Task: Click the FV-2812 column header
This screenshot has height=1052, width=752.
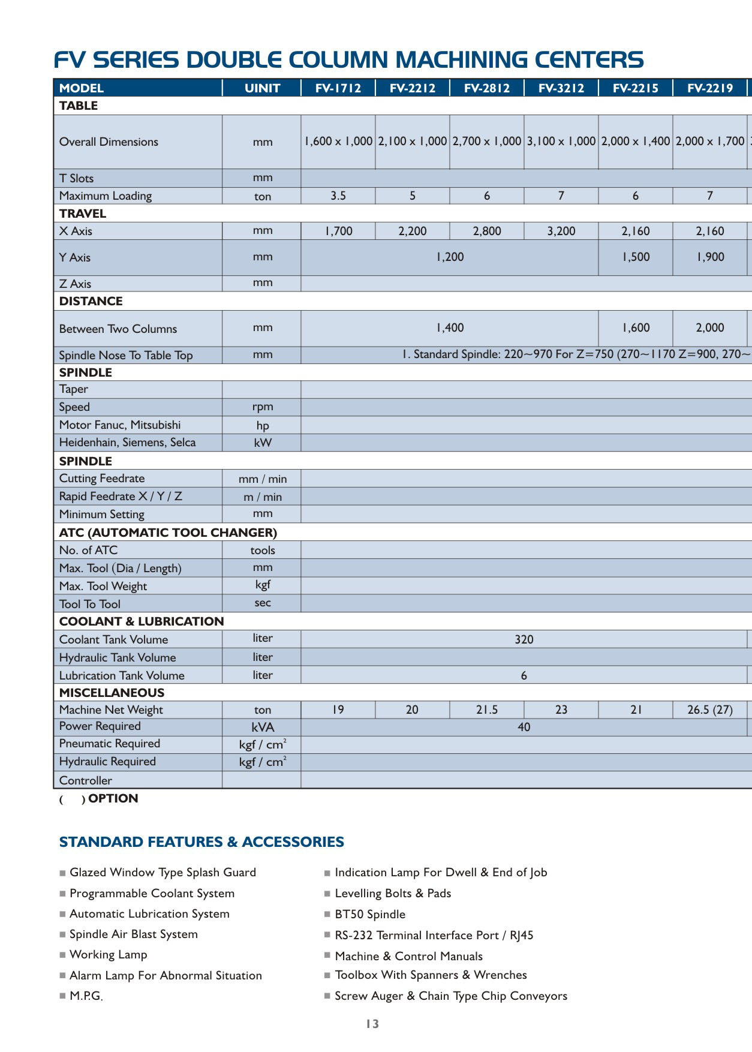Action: tap(486, 88)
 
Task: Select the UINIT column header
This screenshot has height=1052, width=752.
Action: tap(262, 88)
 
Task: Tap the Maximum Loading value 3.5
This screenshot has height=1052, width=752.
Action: tap(338, 196)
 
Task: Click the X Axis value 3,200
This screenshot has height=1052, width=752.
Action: tap(561, 231)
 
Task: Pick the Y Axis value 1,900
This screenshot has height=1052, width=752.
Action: tap(710, 257)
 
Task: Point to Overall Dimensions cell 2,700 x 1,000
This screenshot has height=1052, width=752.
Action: tap(486, 142)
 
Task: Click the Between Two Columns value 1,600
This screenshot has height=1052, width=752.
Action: tap(636, 327)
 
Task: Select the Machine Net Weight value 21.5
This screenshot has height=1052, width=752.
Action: tap(486, 710)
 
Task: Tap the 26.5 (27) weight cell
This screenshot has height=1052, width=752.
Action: tap(710, 710)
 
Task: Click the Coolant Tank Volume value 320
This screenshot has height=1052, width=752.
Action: tap(524, 639)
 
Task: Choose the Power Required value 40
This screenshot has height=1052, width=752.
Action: tap(524, 727)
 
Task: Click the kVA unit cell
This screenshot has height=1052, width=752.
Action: tap(263, 727)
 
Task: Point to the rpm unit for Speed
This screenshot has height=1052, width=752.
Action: tap(263, 407)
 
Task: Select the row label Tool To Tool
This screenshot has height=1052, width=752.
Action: tap(90, 604)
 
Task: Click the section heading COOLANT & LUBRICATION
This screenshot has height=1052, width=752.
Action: tap(142, 621)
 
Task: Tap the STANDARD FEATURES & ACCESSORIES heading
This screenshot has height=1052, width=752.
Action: tap(201, 841)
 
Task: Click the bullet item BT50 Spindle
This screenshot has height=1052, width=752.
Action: tap(370, 914)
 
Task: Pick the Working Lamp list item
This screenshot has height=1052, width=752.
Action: tap(108, 954)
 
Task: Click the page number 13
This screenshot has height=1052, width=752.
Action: tap(372, 1024)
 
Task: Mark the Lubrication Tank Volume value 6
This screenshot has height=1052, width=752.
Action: tap(524, 675)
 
